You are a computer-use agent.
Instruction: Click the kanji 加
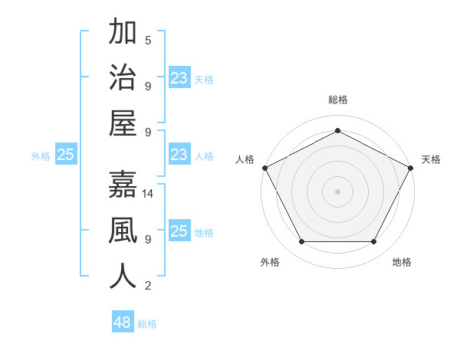tap(123, 34)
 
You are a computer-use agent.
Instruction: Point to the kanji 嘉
tap(123, 187)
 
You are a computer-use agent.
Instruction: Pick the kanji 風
tap(123, 231)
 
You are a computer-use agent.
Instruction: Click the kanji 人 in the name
tap(123, 277)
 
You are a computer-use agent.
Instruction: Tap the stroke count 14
tap(149, 195)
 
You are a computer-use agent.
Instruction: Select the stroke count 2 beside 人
tap(148, 286)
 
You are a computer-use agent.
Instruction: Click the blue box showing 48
tap(123, 322)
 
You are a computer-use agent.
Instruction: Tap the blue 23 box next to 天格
tap(179, 78)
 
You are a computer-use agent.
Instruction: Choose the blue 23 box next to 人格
tap(179, 155)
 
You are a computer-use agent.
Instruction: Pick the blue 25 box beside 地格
tap(179, 231)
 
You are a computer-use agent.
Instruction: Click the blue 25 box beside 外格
tap(66, 155)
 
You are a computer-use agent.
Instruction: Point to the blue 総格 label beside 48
tap(147, 324)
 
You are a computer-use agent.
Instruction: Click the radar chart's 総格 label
tap(337, 100)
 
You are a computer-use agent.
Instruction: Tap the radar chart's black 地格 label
tap(402, 262)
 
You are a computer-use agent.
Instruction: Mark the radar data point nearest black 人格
tap(264, 168)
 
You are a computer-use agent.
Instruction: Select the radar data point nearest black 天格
tap(410, 168)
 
